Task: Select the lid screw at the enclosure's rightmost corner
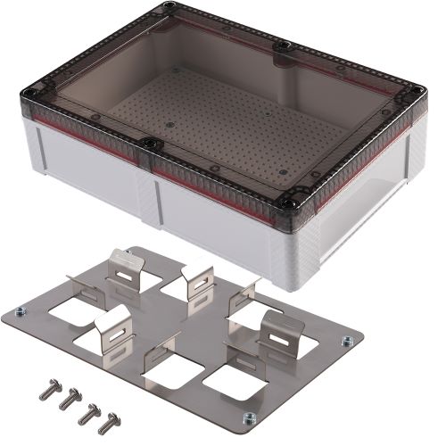click(x=415, y=91)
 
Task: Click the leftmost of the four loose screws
click(x=45, y=390)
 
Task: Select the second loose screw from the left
click(x=66, y=401)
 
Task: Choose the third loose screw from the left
click(x=89, y=411)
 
